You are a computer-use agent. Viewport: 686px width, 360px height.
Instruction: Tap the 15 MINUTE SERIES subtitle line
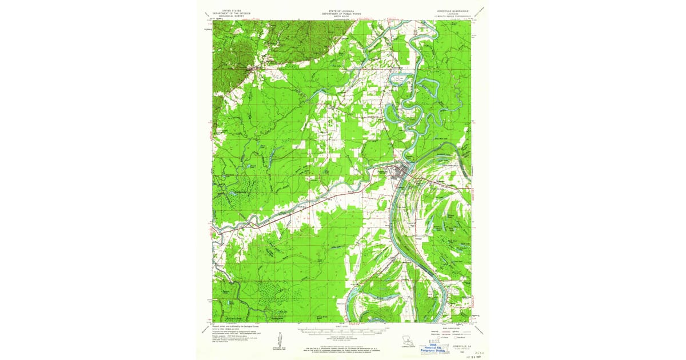[x=452, y=15]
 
